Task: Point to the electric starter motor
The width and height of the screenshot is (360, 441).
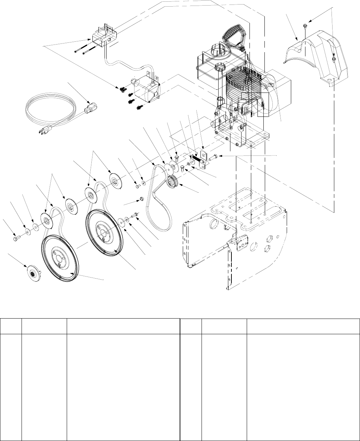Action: (145, 89)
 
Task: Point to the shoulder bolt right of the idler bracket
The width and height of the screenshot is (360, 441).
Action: (214, 157)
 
